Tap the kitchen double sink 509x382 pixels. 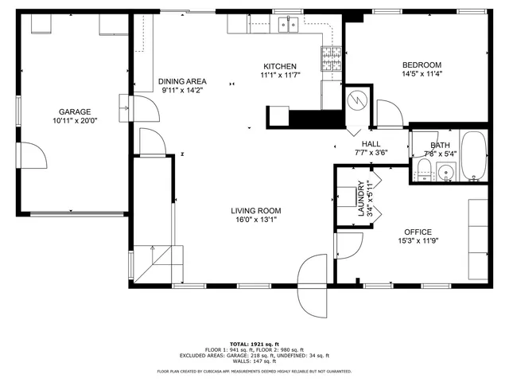point(288,25)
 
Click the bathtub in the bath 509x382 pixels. point(474,155)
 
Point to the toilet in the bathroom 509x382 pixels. point(423,169)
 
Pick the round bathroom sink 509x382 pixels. point(445,170)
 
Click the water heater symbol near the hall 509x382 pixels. point(357,101)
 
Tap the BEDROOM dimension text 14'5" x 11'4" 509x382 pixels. point(422,74)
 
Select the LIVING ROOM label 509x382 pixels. point(256,211)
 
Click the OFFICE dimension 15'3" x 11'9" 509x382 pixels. point(418,240)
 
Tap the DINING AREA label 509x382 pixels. point(182,81)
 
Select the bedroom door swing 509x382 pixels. point(387,114)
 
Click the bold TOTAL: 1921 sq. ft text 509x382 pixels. point(254,343)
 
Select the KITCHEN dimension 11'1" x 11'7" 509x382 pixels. point(279,75)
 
